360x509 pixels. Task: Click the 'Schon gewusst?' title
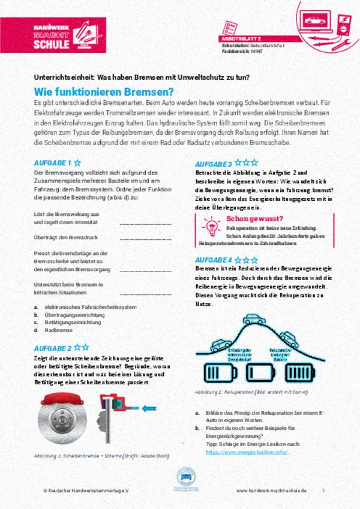coord(255,219)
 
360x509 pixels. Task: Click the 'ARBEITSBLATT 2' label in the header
coord(240,38)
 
